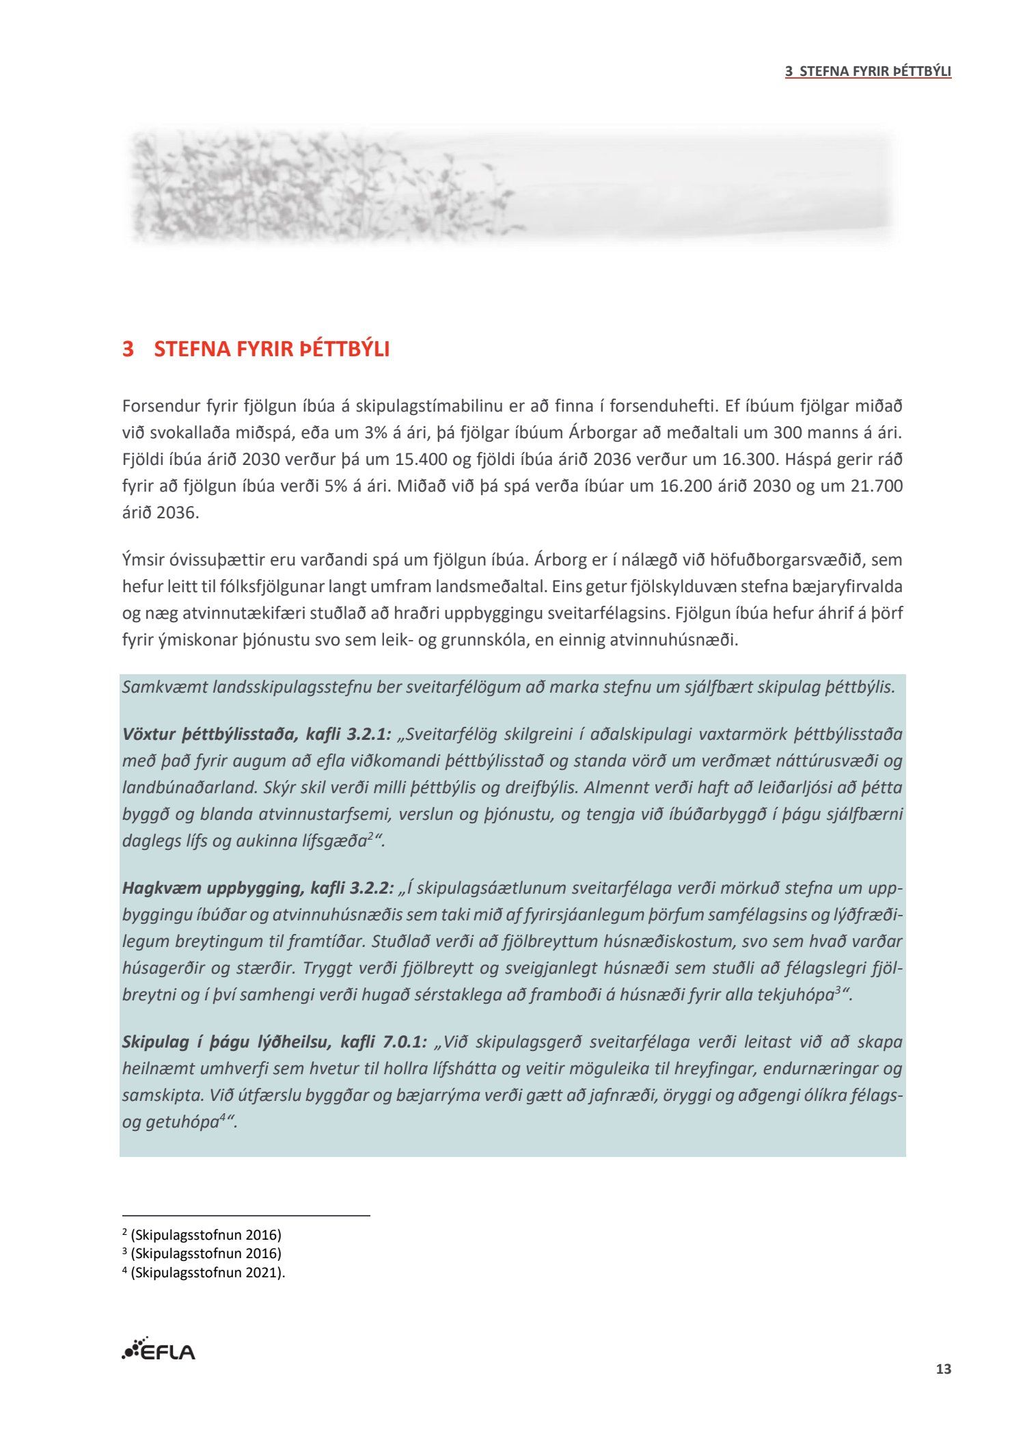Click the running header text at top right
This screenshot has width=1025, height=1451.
click(868, 71)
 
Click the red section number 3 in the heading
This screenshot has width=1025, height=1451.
click(128, 349)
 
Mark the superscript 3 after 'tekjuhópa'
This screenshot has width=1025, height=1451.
click(838, 991)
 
